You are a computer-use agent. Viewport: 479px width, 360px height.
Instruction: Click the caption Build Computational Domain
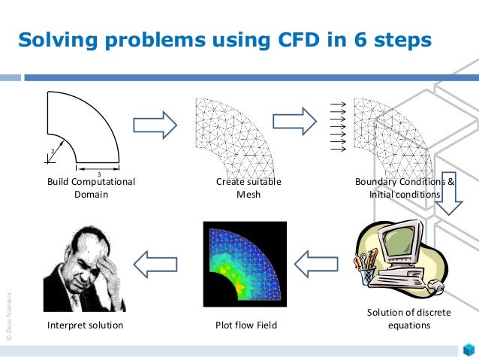91,188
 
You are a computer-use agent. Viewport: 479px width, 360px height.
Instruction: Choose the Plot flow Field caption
246,325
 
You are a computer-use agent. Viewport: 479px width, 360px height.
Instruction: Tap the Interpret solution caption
85,325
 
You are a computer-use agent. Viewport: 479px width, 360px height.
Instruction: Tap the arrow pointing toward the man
156,263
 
